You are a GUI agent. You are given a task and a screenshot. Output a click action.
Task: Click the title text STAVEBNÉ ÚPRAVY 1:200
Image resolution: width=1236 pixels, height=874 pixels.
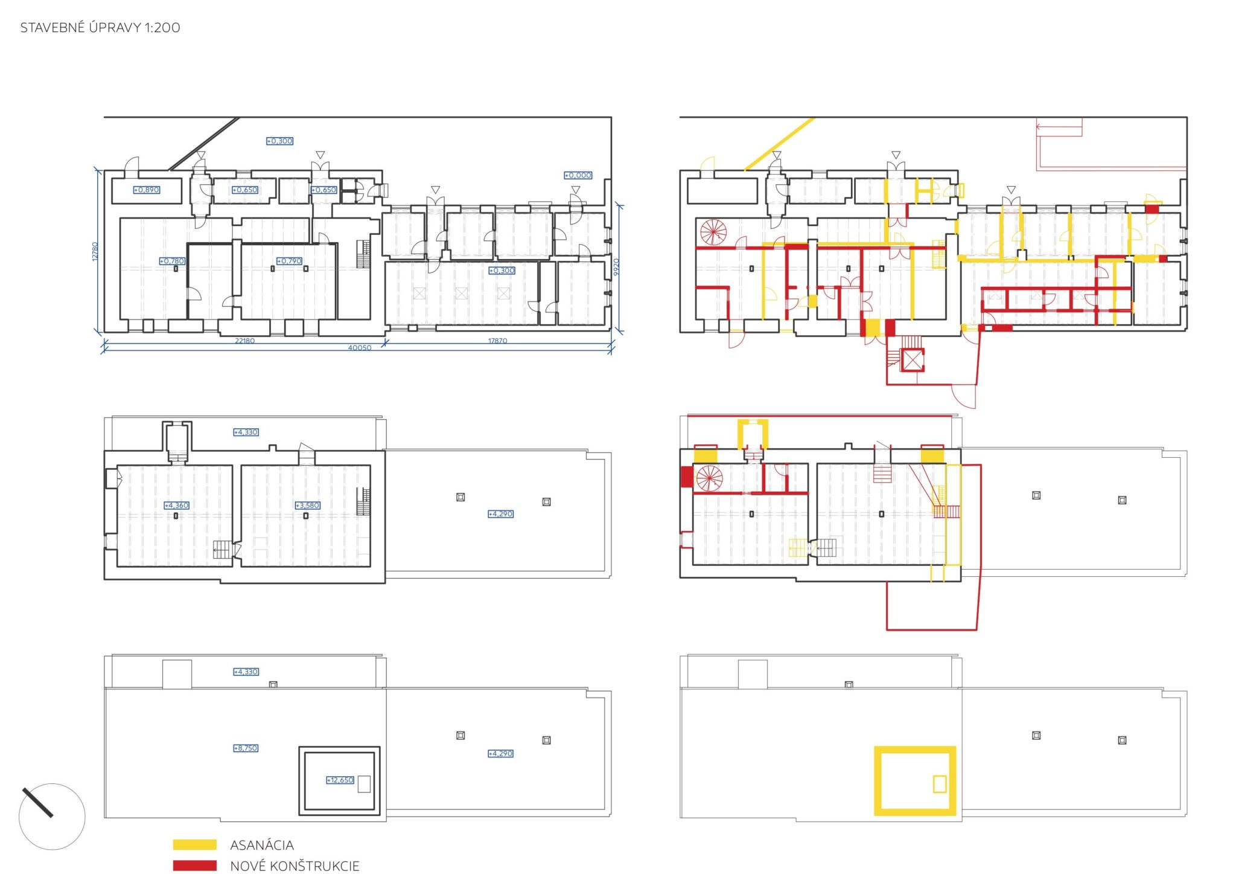pyautogui.click(x=100, y=27)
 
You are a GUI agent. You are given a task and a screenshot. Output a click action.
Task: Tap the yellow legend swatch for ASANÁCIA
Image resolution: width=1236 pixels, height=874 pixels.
pyautogui.click(x=194, y=844)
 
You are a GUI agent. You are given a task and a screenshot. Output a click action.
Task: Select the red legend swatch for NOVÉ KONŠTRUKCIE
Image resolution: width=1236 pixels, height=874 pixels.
pyautogui.click(x=194, y=866)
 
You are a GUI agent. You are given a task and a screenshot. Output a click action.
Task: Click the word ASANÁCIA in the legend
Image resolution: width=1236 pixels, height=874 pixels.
pyautogui.click(x=262, y=845)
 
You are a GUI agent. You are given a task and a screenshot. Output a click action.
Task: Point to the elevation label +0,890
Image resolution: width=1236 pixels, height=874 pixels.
pyautogui.click(x=147, y=190)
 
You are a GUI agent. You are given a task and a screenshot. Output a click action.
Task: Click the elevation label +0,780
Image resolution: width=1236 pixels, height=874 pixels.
pyautogui.click(x=172, y=261)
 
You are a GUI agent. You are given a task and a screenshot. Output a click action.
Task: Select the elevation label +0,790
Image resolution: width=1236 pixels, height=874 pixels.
pyautogui.click(x=289, y=261)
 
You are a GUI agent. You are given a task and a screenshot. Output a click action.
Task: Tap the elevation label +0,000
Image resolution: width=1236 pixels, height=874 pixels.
pyautogui.click(x=578, y=175)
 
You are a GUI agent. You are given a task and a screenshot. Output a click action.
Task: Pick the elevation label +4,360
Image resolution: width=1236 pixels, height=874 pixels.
pyautogui.click(x=177, y=505)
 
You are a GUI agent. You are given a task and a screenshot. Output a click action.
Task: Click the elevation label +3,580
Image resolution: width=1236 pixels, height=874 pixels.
pyautogui.click(x=308, y=505)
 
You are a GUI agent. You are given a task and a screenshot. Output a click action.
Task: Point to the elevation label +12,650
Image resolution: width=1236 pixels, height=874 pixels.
pyautogui.click(x=340, y=780)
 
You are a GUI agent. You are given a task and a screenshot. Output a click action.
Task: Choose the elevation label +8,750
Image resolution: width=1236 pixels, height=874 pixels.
pyautogui.click(x=246, y=748)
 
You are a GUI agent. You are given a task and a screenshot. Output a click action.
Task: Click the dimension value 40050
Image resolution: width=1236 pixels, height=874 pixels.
pyautogui.click(x=360, y=347)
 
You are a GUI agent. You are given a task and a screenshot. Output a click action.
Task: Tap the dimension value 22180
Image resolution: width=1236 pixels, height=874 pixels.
pyautogui.click(x=244, y=341)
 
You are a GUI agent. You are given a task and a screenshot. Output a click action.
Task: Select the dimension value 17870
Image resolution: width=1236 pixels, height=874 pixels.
pyautogui.click(x=497, y=341)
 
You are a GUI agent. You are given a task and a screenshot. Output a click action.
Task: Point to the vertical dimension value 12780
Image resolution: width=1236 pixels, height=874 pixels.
pyautogui.click(x=95, y=251)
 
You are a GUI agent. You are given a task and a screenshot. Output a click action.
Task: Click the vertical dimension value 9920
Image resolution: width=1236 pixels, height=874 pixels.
pyautogui.click(x=616, y=267)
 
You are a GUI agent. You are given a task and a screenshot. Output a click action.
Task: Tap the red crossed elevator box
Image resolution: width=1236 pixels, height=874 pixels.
pyautogui.click(x=912, y=361)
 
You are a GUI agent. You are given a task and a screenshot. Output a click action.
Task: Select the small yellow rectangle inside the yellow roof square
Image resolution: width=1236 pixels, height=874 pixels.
pyautogui.click(x=940, y=783)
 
